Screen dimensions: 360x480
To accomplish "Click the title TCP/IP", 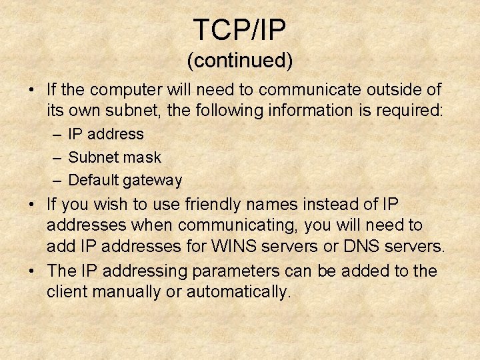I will (239, 30).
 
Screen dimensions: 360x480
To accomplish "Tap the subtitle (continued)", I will (239, 61).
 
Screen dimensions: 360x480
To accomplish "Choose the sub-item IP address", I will (106, 134).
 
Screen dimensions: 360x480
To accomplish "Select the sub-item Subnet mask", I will (115, 157).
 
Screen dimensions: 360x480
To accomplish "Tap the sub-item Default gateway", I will (125, 180).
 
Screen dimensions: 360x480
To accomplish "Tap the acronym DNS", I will (361, 247).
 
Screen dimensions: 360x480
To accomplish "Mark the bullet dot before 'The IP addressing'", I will (31, 271).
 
